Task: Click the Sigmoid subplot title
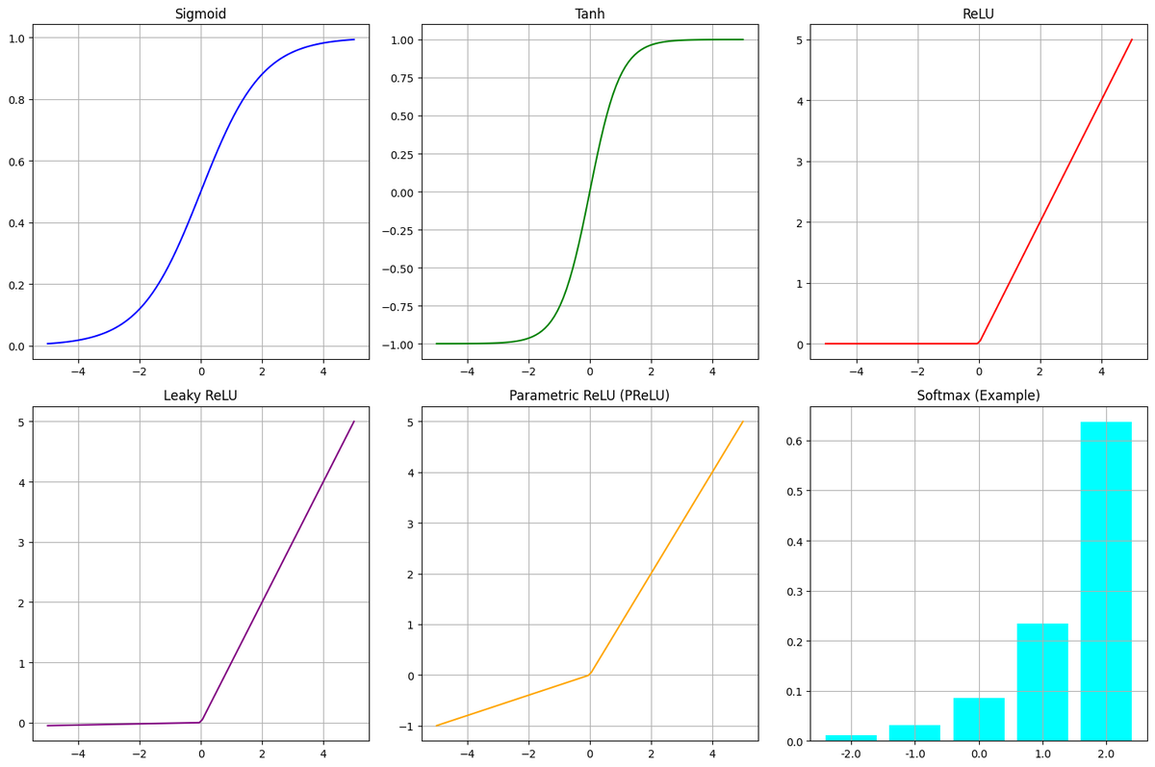(200, 13)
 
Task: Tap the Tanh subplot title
(589, 13)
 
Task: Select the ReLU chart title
(978, 13)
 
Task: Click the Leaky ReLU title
(200, 396)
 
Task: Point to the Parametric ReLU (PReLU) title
(589, 396)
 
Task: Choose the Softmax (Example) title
(978, 396)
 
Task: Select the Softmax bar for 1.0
(1042, 682)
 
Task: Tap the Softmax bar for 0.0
(979, 720)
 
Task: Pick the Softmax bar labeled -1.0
(914, 733)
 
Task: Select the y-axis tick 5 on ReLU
(800, 39)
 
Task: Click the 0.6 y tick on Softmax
(795, 441)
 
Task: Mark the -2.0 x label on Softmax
(851, 755)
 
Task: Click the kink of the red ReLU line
(979, 343)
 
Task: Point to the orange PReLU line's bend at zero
(589, 675)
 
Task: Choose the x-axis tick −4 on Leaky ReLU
(78, 755)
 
